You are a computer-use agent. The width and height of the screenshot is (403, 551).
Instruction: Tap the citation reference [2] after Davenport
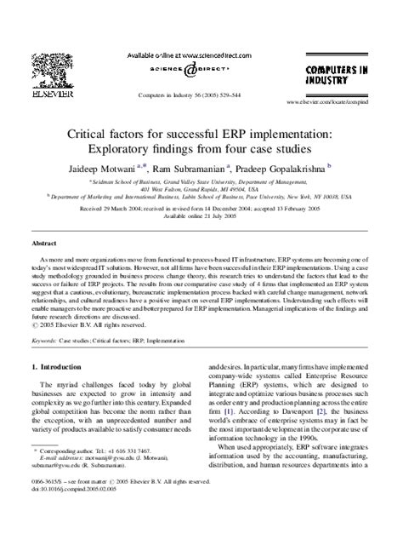343,434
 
